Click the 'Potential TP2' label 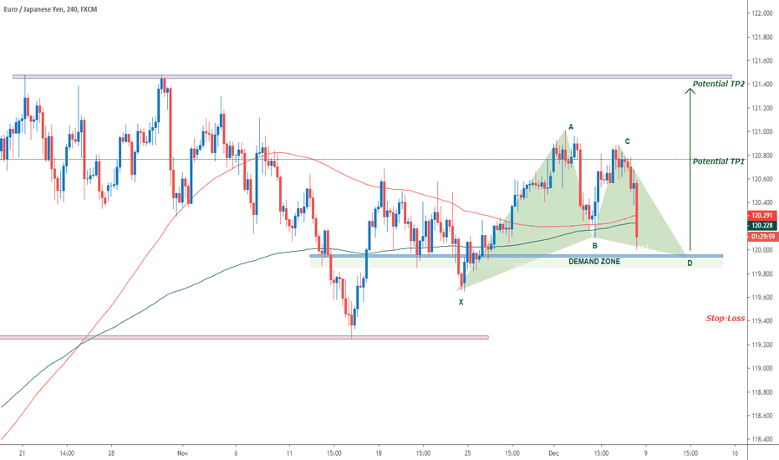719,84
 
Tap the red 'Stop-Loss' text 725,319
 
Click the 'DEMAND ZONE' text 594,262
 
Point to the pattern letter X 461,302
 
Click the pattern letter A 571,127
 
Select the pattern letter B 594,246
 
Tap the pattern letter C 627,141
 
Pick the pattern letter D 690,263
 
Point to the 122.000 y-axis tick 761,13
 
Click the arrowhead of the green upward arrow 690,90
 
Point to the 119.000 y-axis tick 761,368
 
